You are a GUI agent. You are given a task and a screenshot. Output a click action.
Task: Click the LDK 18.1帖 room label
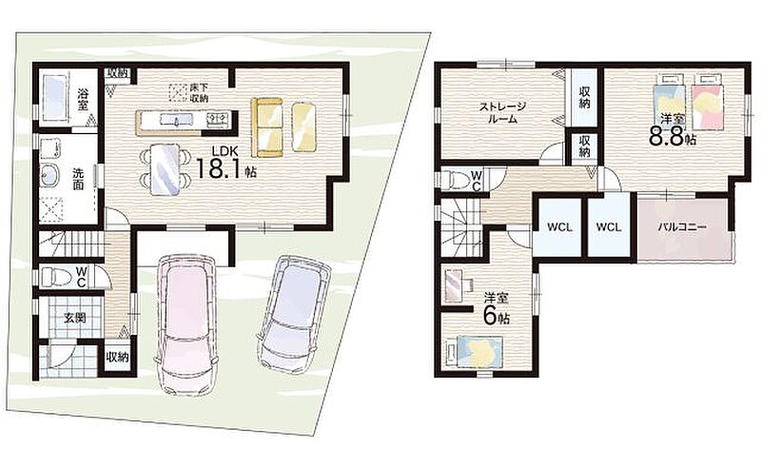pyautogui.click(x=225, y=164)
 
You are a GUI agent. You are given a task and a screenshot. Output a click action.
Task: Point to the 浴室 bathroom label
pyautogui.click(x=82, y=99)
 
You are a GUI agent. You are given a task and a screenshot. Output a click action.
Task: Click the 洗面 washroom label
pyautogui.click(x=79, y=179)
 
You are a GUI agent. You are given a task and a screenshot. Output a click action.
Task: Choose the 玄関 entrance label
pyautogui.click(x=76, y=319)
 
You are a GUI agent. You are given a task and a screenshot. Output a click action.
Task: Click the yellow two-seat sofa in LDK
pyautogui.click(x=266, y=127)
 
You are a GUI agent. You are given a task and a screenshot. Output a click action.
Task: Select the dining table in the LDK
pyautogui.click(x=165, y=170)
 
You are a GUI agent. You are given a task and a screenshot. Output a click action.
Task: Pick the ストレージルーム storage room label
pyautogui.click(x=503, y=112)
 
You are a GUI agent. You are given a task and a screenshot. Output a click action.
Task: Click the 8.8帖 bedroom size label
pyautogui.click(x=673, y=137)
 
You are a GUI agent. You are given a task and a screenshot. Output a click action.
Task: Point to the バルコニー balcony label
pyautogui.click(x=682, y=226)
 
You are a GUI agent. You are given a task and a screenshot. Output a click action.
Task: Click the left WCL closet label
pyautogui.click(x=559, y=226)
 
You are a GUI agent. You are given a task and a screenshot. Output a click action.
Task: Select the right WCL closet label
pyautogui.click(x=609, y=226)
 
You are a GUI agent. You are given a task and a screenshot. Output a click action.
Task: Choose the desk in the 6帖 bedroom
pyautogui.click(x=458, y=286)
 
